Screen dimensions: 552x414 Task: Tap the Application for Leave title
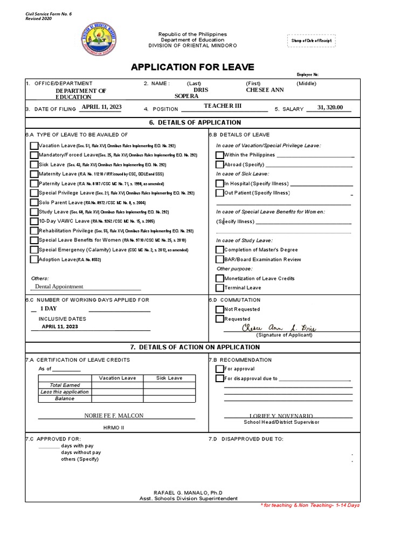pos(192,67)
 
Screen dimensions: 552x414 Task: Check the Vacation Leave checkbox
pos(34,146)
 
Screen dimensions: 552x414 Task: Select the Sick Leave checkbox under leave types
pos(34,164)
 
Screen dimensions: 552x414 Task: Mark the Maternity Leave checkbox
pos(34,174)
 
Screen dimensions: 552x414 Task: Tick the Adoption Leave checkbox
pos(34,259)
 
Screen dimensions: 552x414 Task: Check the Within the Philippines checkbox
pos(220,155)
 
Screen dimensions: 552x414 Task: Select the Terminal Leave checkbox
pos(220,288)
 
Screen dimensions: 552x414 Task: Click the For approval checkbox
pos(220,369)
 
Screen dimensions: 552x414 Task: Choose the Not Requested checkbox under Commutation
pos(220,309)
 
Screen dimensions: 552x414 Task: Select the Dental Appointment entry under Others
pos(59,287)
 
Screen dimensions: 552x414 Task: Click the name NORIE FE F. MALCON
pos(114,416)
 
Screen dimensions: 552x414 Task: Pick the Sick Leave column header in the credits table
pos(169,378)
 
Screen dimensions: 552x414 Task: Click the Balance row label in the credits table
pos(65,398)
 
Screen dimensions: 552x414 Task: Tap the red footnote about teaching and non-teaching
pos(309,505)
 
